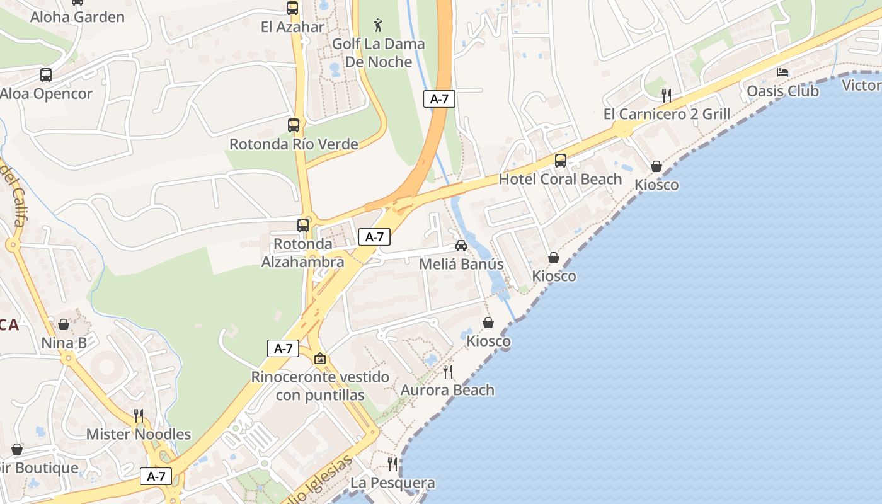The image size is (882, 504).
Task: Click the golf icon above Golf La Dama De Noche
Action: pos(378,25)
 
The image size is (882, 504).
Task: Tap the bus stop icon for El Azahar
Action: pos(292,8)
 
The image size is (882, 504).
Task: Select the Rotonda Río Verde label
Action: pos(294,144)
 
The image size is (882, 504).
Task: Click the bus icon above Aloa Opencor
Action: pos(46,75)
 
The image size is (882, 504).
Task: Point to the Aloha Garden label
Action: pos(77,16)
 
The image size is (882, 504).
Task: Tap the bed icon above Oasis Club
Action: pos(782,72)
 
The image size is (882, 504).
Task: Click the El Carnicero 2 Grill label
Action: pos(667,114)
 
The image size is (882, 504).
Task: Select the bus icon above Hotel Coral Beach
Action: pos(561,161)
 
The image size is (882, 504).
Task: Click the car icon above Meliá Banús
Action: pos(461,245)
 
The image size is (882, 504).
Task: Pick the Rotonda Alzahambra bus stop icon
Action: pos(303,225)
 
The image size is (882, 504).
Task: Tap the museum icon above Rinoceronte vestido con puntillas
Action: pos(320,358)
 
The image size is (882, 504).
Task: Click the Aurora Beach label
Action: pos(447,390)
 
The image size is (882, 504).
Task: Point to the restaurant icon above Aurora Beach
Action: pos(447,372)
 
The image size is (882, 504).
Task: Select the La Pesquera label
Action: pos(392,483)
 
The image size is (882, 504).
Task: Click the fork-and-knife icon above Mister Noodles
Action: pos(139,415)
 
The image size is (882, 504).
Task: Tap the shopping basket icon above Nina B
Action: pos(64,324)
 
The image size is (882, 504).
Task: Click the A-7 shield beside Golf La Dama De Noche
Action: pos(439,98)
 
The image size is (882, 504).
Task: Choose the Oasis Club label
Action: pos(782,91)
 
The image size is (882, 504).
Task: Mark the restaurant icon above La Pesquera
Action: pos(392,464)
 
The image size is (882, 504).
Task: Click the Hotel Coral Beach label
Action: pos(560,179)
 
